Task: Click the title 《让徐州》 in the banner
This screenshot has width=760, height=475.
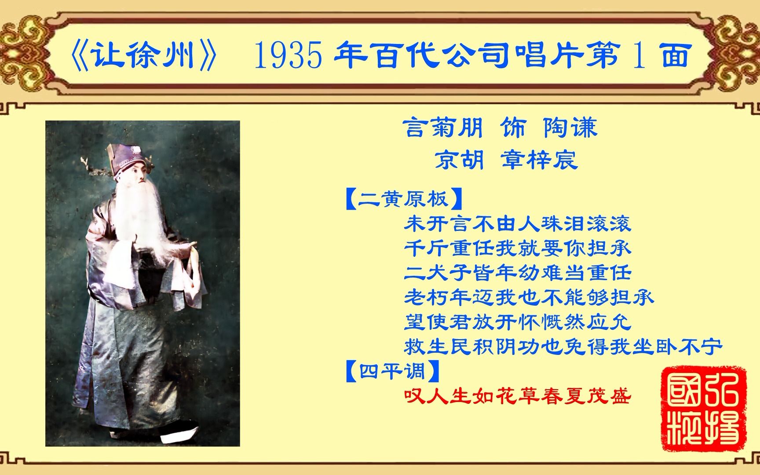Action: coord(143,56)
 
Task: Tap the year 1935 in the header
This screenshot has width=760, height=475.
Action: coord(289,56)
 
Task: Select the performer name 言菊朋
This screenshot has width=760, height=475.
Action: coord(443,128)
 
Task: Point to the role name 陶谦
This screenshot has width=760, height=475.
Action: coord(570,128)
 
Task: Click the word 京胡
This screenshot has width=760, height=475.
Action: coord(460,159)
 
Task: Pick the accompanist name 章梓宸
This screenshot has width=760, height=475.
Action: coord(539,159)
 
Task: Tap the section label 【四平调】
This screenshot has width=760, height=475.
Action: coord(393,371)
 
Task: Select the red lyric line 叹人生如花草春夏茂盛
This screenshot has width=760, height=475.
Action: coord(518,396)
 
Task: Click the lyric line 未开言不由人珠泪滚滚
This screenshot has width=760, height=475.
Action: coord(518,224)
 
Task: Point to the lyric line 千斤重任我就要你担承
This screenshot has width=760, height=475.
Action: coord(518,248)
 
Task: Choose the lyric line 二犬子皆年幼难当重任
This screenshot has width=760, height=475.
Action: coord(518,273)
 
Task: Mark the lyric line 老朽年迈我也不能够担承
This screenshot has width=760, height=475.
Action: coord(529,298)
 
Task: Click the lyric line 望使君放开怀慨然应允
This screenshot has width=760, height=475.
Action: coord(518,322)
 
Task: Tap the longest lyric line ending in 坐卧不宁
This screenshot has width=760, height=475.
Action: coord(563,347)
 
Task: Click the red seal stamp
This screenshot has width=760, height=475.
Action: coord(704,409)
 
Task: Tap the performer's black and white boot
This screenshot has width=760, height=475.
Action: coord(178,433)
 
